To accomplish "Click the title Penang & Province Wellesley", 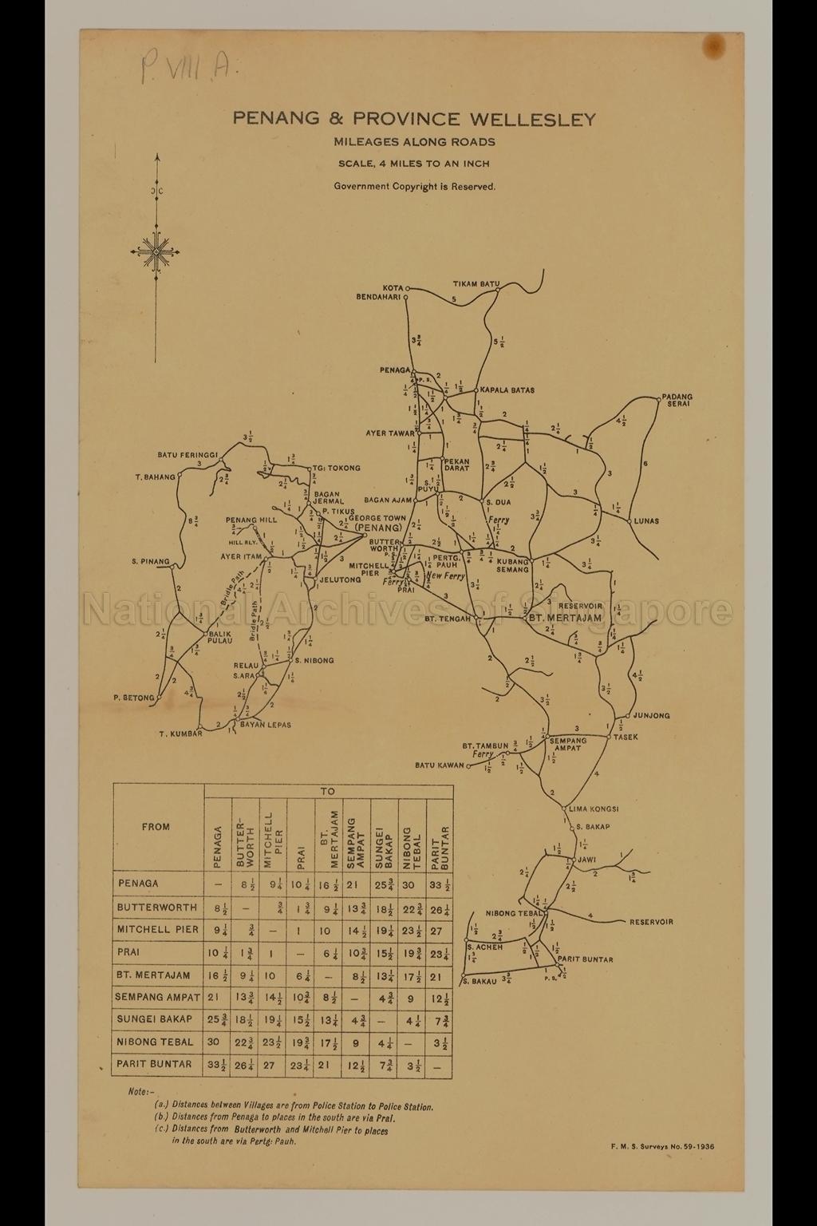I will pos(414,120).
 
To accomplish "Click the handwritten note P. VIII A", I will pos(182,69).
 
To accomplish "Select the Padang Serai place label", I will pos(677,401).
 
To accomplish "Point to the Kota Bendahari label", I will pos(381,292).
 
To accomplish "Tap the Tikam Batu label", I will pos(476,284).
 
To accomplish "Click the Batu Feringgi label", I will pos(187,455).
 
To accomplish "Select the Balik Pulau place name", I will pos(220,637).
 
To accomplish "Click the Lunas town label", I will pos(646,521).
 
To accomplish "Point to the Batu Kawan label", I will pos(439,765).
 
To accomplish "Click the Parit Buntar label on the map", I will pos(586,959).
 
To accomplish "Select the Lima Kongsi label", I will pos(594,809).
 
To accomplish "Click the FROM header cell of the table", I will pos(156,827).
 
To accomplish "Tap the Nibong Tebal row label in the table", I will pos(156,1042).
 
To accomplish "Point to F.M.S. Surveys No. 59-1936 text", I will pos(661,1146).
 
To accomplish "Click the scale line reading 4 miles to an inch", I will pos(413,164).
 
